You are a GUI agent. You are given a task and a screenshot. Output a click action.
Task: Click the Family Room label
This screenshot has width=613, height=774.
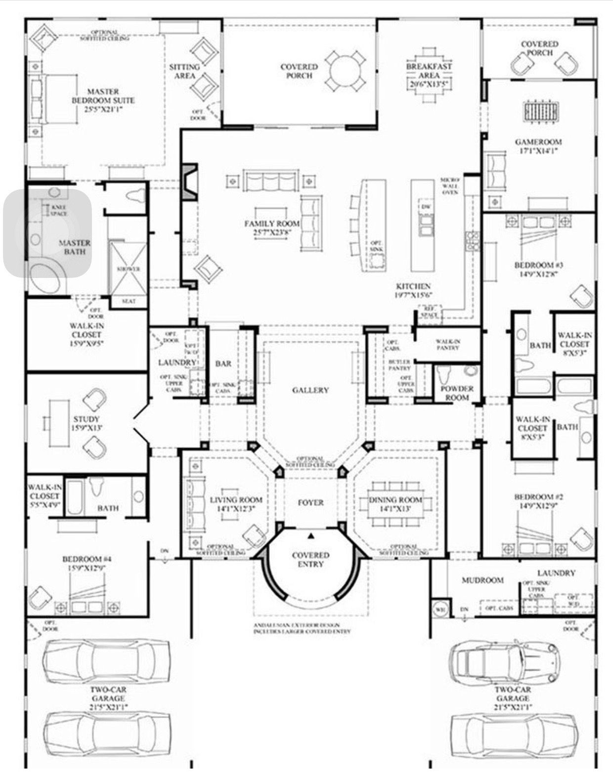(x=272, y=228)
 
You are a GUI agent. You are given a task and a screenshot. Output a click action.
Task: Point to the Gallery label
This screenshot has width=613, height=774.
(x=310, y=390)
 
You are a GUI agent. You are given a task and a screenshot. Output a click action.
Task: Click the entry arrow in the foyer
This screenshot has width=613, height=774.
(x=311, y=536)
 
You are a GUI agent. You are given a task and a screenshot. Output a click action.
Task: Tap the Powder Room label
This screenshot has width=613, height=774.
(x=457, y=393)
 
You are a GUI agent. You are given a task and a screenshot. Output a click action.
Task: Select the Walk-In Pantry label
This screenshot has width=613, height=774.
(x=448, y=344)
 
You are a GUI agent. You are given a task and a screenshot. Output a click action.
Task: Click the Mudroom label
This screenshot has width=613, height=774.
(x=482, y=580)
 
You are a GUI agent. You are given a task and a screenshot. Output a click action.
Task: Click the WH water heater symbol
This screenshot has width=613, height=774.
(x=439, y=609)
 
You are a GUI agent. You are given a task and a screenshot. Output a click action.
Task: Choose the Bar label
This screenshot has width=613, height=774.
(x=223, y=364)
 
